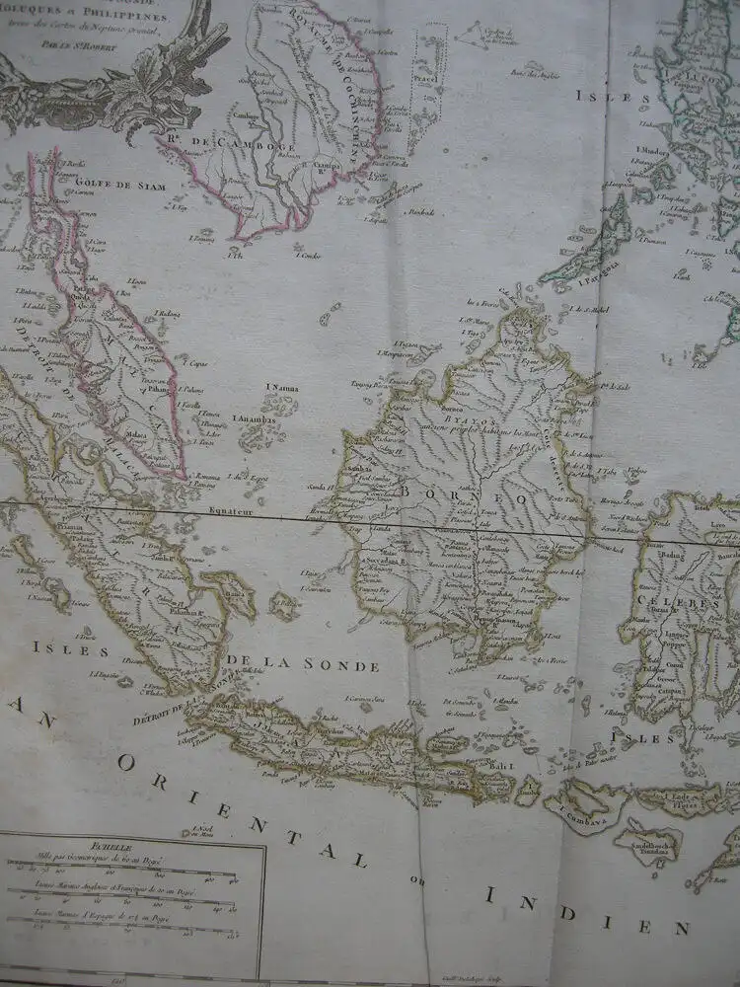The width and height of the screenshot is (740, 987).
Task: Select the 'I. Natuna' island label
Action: [281, 389]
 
